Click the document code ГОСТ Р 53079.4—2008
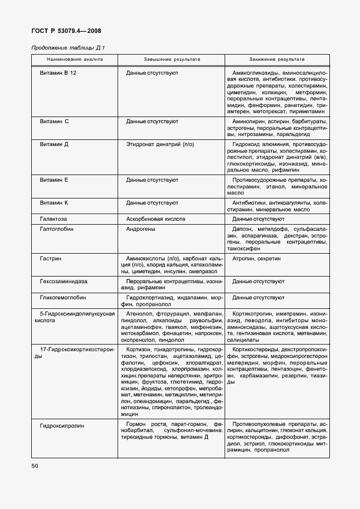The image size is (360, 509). [x=66, y=31]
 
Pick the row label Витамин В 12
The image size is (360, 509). [x=58, y=73]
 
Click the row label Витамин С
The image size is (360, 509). [x=54, y=120]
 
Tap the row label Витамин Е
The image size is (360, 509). [x=54, y=180]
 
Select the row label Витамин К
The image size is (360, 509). [x=54, y=202]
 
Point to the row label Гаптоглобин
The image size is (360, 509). [x=57, y=229]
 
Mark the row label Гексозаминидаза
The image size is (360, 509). [x=64, y=282]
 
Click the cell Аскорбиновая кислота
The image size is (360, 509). [x=155, y=219]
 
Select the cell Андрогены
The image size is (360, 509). [x=140, y=229]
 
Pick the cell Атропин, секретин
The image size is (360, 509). [x=256, y=259]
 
